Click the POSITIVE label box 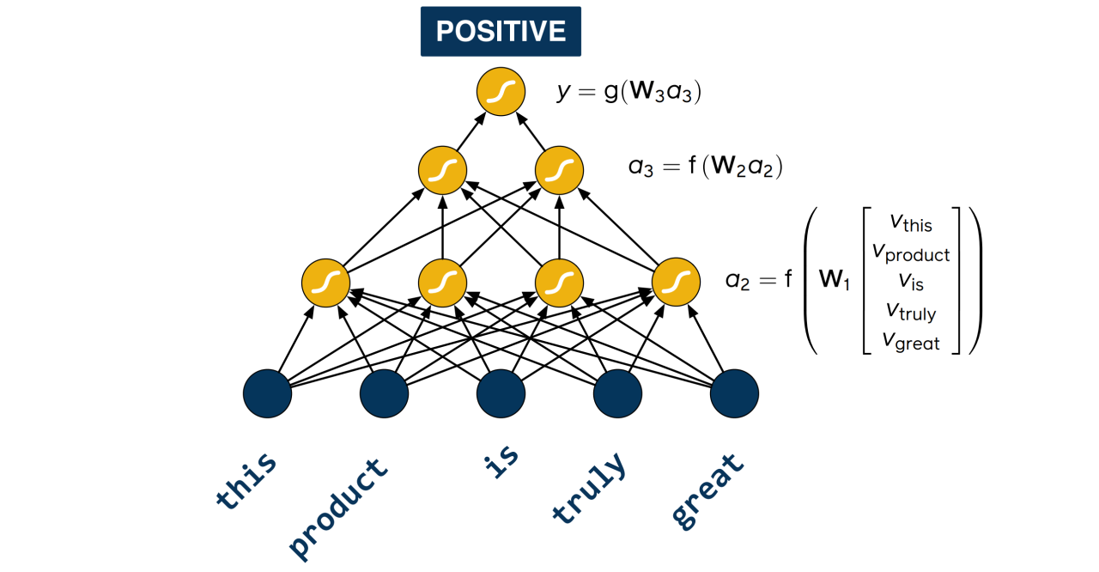tap(501, 32)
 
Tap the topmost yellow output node tap(501, 92)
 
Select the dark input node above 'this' tap(268, 393)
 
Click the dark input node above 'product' tap(384, 393)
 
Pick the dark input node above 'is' tap(501, 393)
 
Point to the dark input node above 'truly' tap(617, 393)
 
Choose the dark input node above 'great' tap(734, 393)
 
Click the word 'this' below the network tap(247, 481)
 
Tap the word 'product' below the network tap(337, 508)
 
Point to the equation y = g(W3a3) tap(629, 92)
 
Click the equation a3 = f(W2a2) tap(705, 166)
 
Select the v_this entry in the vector tap(911, 223)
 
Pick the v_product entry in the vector tap(911, 253)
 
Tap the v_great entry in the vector tap(911, 341)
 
